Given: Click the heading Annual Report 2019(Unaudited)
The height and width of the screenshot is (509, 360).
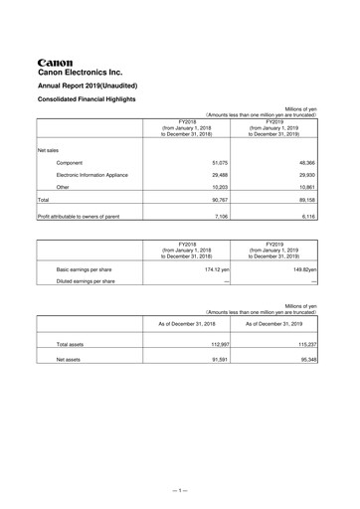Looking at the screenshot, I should pyautogui.click(x=93, y=86).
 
